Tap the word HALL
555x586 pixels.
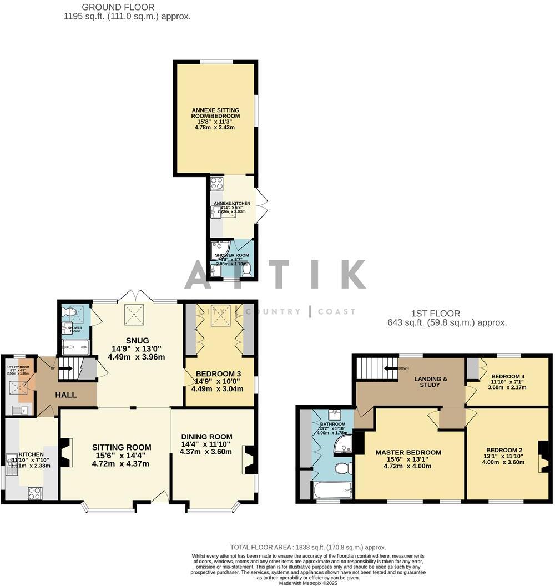[x=66, y=395]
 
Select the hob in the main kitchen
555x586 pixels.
[x=34, y=492]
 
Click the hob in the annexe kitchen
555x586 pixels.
[x=217, y=183]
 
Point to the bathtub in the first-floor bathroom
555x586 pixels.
[x=332, y=491]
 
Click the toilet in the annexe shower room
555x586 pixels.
[x=246, y=269]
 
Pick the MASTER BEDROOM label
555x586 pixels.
[x=408, y=452]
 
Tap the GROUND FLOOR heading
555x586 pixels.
[x=118, y=7]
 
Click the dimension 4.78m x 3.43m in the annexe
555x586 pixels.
[x=215, y=127]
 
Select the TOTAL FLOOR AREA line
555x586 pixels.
[x=308, y=547]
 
